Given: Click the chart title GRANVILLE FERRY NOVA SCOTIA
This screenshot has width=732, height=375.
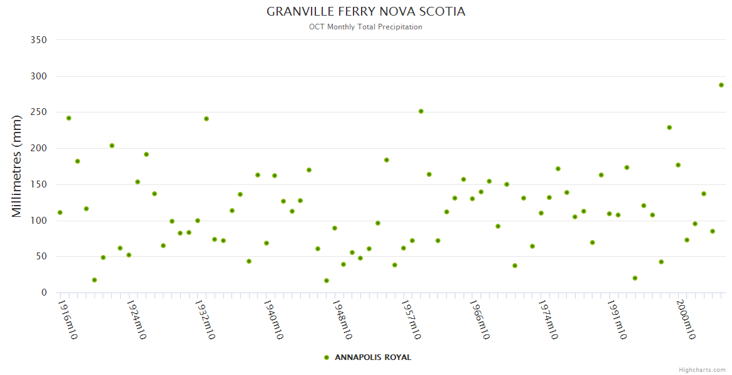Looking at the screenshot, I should (x=366, y=12).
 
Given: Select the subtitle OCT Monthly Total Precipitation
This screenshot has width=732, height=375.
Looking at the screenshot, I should (x=365, y=27).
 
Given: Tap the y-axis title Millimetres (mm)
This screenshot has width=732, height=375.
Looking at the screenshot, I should (x=17, y=166).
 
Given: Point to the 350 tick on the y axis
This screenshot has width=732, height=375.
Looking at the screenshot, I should (x=39, y=40).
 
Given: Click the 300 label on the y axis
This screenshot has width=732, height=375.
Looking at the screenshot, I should (x=39, y=76).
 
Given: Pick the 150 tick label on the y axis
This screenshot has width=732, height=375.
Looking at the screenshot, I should (x=39, y=184).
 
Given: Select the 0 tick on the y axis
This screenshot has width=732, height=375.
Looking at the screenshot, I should (x=44, y=292).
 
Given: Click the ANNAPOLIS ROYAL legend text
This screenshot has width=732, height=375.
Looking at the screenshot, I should (x=373, y=357).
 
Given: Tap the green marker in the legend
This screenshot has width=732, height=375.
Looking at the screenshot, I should (x=326, y=357).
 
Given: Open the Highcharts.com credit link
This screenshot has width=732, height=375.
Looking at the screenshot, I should (x=702, y=369).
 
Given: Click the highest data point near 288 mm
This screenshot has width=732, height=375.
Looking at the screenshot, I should (x=721, y=85).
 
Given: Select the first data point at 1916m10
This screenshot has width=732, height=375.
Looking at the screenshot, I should (x=60, y=212).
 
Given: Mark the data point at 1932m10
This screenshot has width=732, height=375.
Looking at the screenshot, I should (x=198, y=221).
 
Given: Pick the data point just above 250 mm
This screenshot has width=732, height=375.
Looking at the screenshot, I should (x=421, y=111).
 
